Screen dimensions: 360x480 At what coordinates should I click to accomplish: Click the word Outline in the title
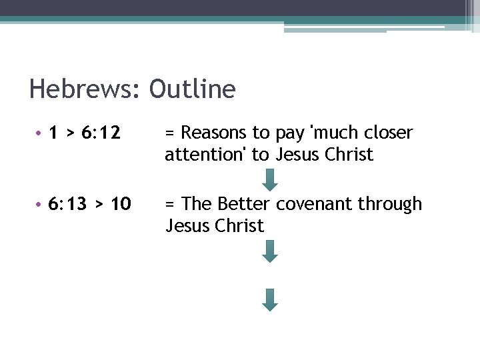pos(192,89)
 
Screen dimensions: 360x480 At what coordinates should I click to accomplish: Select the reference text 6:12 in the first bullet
pos(101,133)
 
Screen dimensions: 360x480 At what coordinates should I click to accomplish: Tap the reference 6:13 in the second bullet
pos(68,203)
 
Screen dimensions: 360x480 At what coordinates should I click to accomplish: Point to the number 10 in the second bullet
pos(120,203)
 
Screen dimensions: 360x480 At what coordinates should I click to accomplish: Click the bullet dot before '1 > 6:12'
pos(40,133)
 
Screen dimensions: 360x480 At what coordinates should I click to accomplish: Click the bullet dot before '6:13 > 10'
pos(40,204)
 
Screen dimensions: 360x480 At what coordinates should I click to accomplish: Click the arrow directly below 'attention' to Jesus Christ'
pos(269,179)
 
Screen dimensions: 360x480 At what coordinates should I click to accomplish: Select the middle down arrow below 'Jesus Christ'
pos(269,251)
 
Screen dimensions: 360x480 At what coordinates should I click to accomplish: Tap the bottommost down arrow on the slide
pos(269,299)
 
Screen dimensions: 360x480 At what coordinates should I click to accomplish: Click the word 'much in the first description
pos(328,133)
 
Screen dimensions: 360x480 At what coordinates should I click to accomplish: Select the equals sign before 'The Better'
pos(171,204)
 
